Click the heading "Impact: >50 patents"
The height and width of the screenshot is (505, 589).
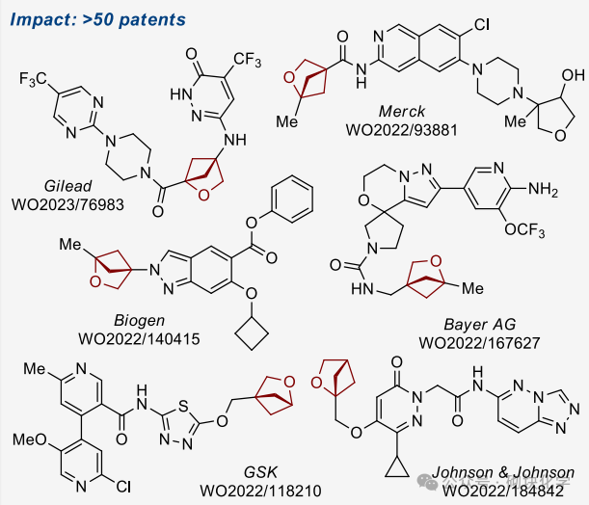pyautogui.click(x=85, y=18)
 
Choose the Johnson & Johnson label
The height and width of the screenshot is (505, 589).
pyautogui.click(x=504, y=472)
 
